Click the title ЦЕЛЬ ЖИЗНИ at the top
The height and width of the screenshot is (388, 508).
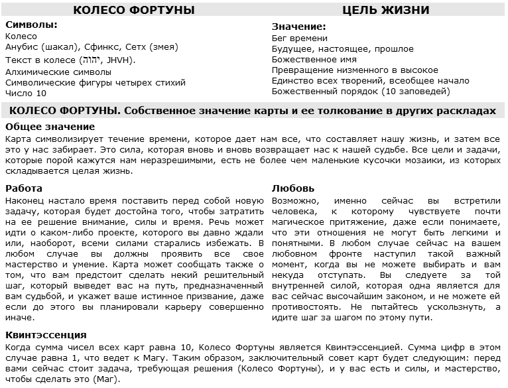[385, 10]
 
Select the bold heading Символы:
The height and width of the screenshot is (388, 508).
[31, 25]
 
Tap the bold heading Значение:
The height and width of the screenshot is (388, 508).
[299, 27]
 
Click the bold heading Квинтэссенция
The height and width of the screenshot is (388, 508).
[45, 335]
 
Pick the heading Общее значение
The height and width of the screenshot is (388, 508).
[50, 127]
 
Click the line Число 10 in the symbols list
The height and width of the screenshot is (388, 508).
[26, 94]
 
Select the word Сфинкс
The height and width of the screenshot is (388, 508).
[101, 48]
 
